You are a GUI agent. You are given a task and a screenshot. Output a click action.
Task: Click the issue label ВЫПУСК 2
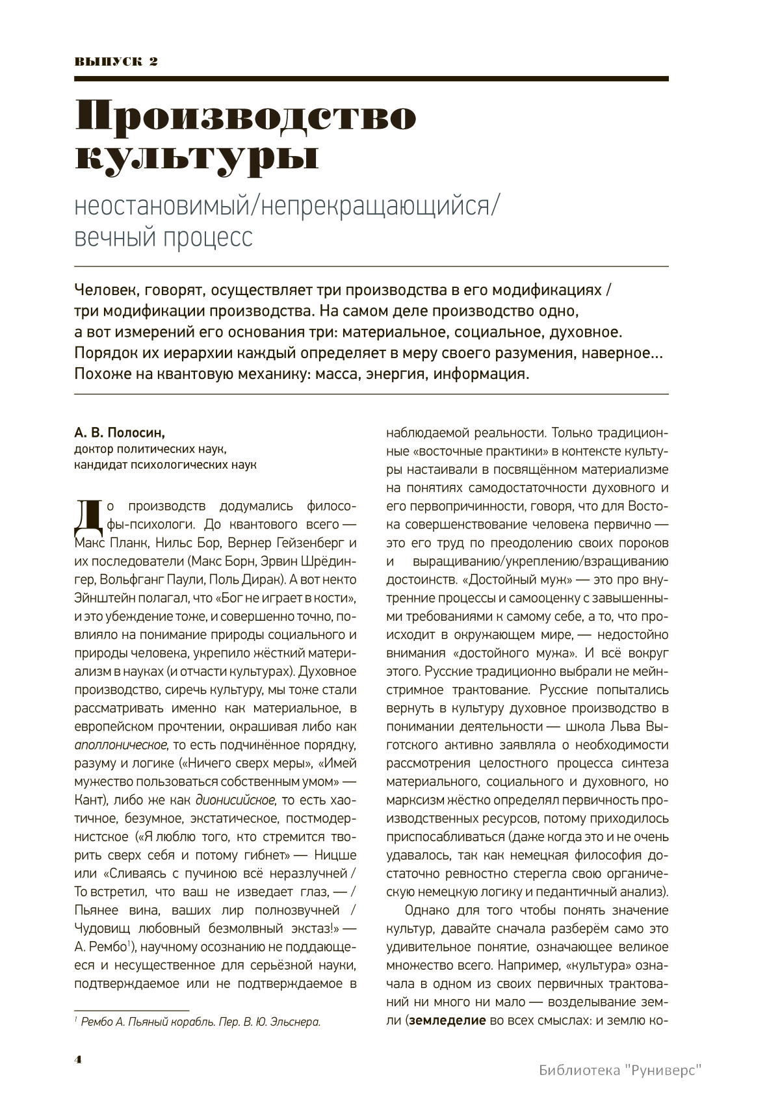116,62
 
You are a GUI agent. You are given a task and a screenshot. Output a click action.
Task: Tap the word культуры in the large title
197,158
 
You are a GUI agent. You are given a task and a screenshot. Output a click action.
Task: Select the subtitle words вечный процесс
163,238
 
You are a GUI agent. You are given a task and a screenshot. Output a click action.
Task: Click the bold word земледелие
447,1020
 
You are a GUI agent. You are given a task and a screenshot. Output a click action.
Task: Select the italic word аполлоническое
121,745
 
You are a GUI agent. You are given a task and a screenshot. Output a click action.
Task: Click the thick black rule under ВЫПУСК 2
371,79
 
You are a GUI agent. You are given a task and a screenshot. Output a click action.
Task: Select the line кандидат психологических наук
165,465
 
